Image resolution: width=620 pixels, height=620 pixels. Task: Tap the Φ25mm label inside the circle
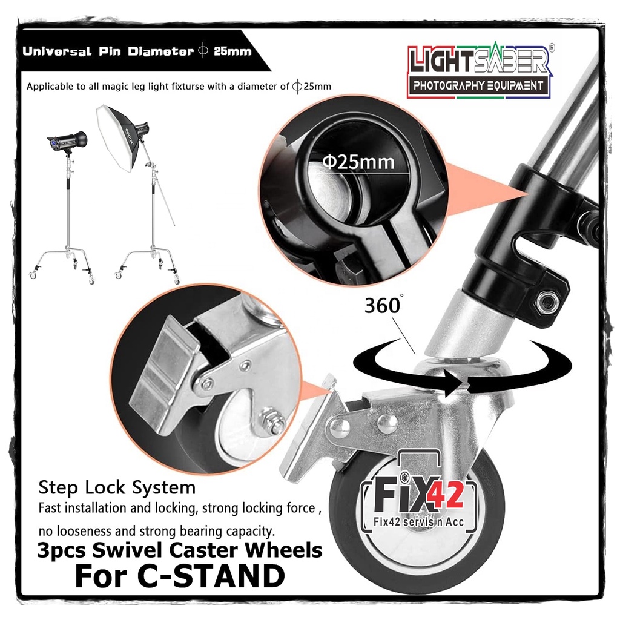tap(358, 161)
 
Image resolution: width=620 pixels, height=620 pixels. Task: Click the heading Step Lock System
tap(117, 487)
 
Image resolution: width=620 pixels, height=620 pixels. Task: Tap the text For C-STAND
tap(179, 576)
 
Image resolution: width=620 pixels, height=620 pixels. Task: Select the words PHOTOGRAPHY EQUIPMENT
tap(478, 85)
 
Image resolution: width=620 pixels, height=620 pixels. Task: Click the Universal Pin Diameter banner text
tap(137, 51)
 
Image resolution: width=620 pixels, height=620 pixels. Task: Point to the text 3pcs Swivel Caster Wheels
tap(179, 550)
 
